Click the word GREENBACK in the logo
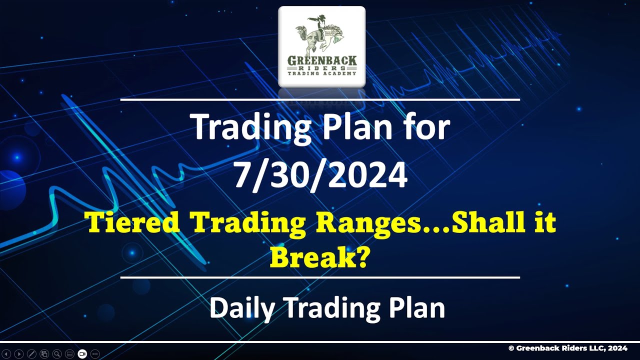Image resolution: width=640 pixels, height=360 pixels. click(322, 60)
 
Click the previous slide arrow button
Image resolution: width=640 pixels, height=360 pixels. click(6, 354)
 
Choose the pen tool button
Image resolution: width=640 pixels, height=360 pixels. click(31, 354)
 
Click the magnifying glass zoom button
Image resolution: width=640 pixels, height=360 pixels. click(57, 354)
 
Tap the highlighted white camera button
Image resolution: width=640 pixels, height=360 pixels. click(82, 354)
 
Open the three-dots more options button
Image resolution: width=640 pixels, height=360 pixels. click(95, 354)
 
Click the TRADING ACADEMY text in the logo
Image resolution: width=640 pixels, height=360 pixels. click(322, 73)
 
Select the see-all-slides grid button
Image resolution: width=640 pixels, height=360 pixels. click(44, 354)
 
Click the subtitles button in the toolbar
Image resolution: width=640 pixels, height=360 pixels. click(69, 354)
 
